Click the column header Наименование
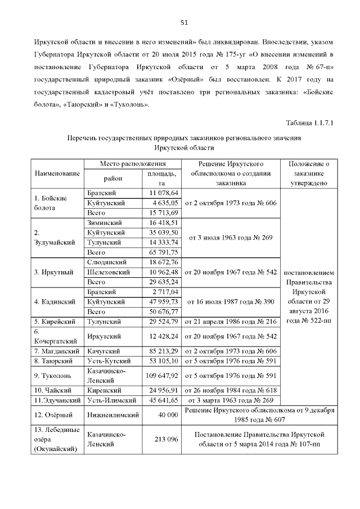[56, 173]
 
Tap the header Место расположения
[132, 163]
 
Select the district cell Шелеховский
[109, 272]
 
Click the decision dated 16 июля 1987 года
[230, 301]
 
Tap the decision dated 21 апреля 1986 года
[230, 321]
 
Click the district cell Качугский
[103, 351]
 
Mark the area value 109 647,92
[160, 375]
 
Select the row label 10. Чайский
[51, 390]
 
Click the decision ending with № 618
[230, 390]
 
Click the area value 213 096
[165, 439]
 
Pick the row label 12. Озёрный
[52, 415]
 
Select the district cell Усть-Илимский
[112, 400]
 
